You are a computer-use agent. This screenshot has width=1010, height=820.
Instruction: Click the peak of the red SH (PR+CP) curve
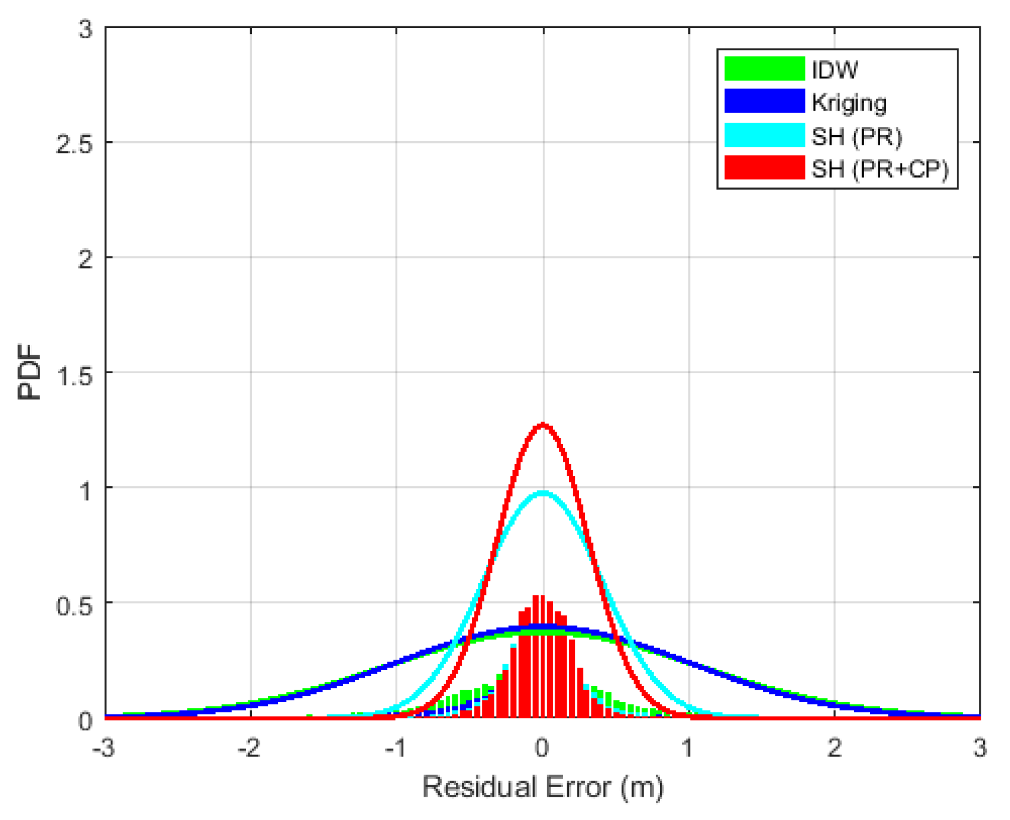click(x=543, y=424)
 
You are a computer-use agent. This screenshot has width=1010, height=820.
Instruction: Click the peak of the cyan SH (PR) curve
click(x=543, y=493)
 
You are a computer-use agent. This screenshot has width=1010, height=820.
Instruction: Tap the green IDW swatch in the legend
click(x=764, y=69)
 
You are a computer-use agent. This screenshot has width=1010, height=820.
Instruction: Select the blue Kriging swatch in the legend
click(x=764, y=102)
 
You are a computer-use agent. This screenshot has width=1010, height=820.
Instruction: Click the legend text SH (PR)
click(x=856, y=137)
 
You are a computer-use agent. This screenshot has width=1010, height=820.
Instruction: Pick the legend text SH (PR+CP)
click(x=880, y=169)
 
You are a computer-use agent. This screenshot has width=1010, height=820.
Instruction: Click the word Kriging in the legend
click(x=849, y=103)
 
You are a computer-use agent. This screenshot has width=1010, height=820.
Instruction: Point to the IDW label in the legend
click(x=834, y=70)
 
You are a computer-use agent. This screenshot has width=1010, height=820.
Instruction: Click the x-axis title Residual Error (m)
click(x=543, y=787)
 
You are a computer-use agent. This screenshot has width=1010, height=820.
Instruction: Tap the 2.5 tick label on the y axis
click(x=74, y=144)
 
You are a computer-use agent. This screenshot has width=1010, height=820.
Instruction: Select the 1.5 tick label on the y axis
click(x=74, y=374)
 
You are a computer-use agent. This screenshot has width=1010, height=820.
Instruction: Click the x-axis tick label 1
click(x=689, y=748)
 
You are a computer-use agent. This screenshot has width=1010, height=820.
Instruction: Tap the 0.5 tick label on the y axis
click(x=74, y=605)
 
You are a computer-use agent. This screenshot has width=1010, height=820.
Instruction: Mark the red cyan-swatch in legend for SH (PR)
click(x=764, y=135)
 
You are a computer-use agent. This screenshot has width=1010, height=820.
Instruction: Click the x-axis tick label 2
click(x=835, y=748)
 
